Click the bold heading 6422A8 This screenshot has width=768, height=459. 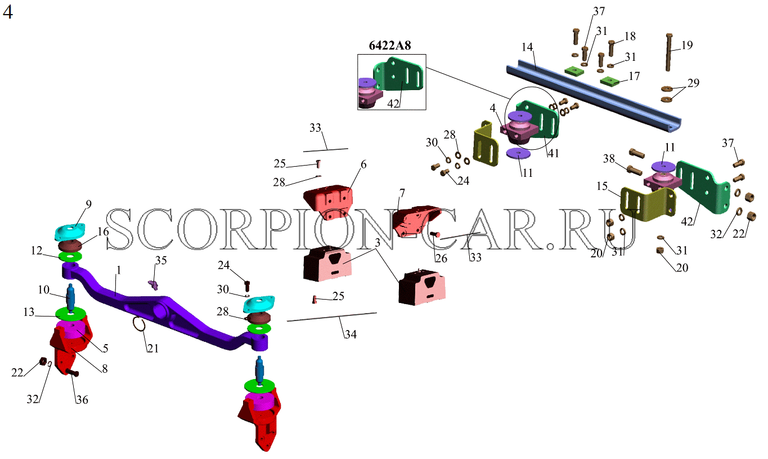[x=390, y=45]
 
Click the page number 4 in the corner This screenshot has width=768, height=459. [x=7, y=12]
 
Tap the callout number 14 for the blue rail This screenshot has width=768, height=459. [x=527, y=47]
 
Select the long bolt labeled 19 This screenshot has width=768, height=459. [x=668, y=52]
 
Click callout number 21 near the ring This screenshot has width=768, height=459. [x=153, y=349]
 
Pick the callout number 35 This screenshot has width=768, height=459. [x=161, y=261]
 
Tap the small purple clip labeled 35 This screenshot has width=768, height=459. [x=153, y=284]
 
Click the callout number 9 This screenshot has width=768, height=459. [x=89, y=204]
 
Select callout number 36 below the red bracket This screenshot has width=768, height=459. [x=82, y=400]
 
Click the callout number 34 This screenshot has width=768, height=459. [x=351, y=335]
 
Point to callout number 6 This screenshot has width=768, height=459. [x=363, y=164]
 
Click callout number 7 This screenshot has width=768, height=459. [x=402, y=193]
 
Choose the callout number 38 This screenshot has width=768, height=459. [x=609, y=159]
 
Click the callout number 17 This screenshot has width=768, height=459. [x=634, y=76]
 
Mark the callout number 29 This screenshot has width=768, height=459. [x=693, y=83]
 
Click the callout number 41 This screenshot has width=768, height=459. [x=554, y=153]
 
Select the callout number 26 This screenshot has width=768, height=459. [x=441, y=258]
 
